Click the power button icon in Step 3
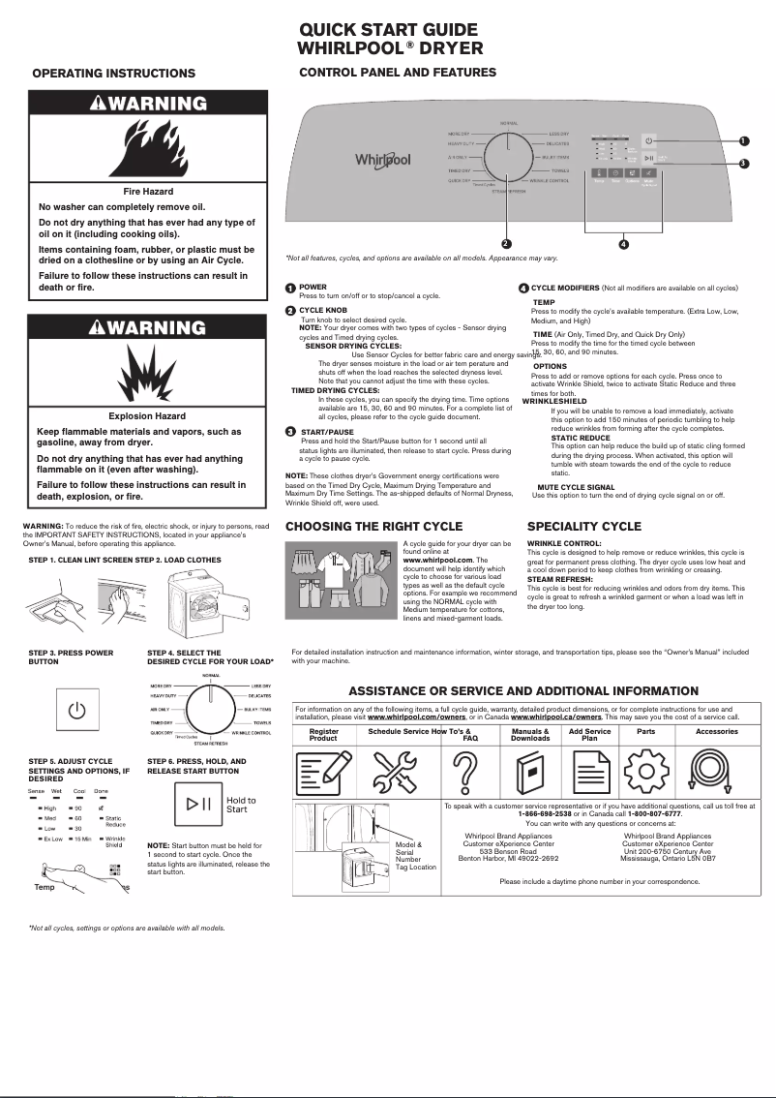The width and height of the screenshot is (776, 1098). (76, 712)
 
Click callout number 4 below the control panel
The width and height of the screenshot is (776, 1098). (623, 244)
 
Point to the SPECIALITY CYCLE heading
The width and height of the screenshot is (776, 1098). (583, 527)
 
